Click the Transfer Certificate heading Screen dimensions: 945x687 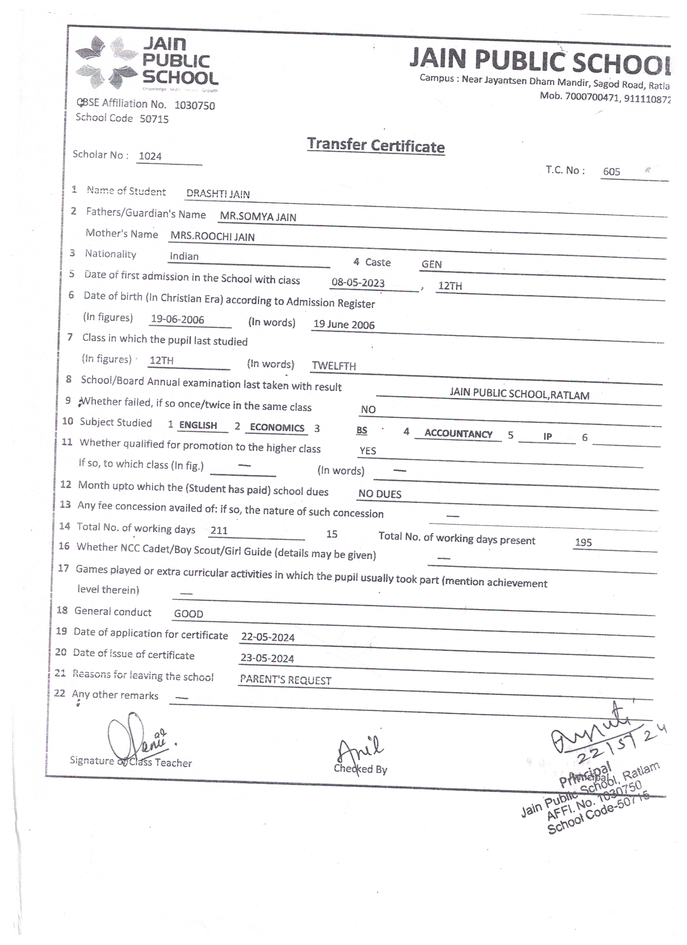[x=376, y=146]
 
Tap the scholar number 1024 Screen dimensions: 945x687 [x=150, y=156]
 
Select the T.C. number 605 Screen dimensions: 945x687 [x=611, y=172]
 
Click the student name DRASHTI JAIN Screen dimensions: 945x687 [x=218, y=194]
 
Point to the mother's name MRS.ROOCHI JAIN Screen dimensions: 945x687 [x=213, y=237]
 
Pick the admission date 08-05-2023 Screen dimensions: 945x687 [x=358, y=283]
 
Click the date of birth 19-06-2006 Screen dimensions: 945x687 [x=177, y=320]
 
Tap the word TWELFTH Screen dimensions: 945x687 [x=334, y=366]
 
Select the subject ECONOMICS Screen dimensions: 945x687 [x=277, y=427]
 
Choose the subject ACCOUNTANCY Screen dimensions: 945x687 [x=458, y=434]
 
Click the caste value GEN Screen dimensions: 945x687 [x=432, y=264]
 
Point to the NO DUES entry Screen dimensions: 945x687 [x=380, y=494]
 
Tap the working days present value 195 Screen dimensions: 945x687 [x=583, y=543]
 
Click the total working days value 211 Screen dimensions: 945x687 [x=219, y=531]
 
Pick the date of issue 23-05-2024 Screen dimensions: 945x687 [x=267, y=658]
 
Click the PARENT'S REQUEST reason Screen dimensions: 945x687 [x=286, y=680]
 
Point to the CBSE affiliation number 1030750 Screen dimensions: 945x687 [x=195, y=105]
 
